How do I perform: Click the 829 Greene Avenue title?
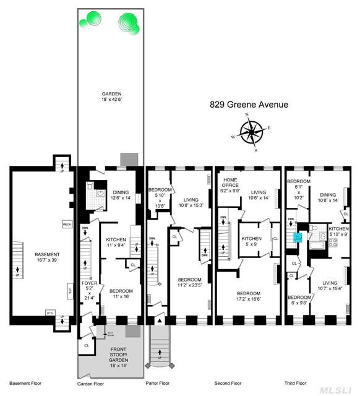(x=247, y=105)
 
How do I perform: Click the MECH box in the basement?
(x=67, y=224)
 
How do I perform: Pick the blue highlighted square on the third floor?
(x=298, y=237)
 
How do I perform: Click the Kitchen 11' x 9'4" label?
(x=116, y=243)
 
